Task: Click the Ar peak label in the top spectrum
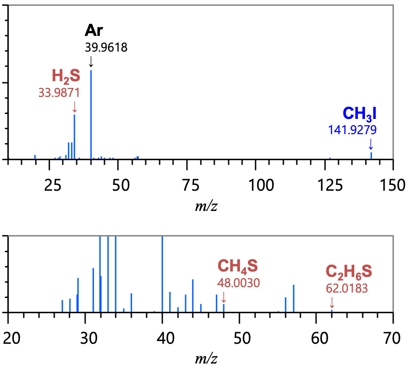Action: [x=94, y=31]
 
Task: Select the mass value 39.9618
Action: [x=106, y=47]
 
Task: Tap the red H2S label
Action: [x=66, y=76]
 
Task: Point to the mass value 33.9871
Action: [x=59, y=92]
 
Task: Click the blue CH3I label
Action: [x=359, y=114]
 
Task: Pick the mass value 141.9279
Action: [x=352, y=130]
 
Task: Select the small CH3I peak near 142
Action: [x=371, y=155]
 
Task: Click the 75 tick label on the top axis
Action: [x=187, y=184]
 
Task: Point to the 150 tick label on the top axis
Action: [x=393, y=184]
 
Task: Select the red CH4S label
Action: [x=238, y=266]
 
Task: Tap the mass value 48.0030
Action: [x=239, y=283]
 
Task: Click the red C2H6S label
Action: [x=348, y=272]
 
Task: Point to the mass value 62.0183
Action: [x=347, y=288]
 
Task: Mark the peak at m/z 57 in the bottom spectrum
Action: [x=294, y=298]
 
